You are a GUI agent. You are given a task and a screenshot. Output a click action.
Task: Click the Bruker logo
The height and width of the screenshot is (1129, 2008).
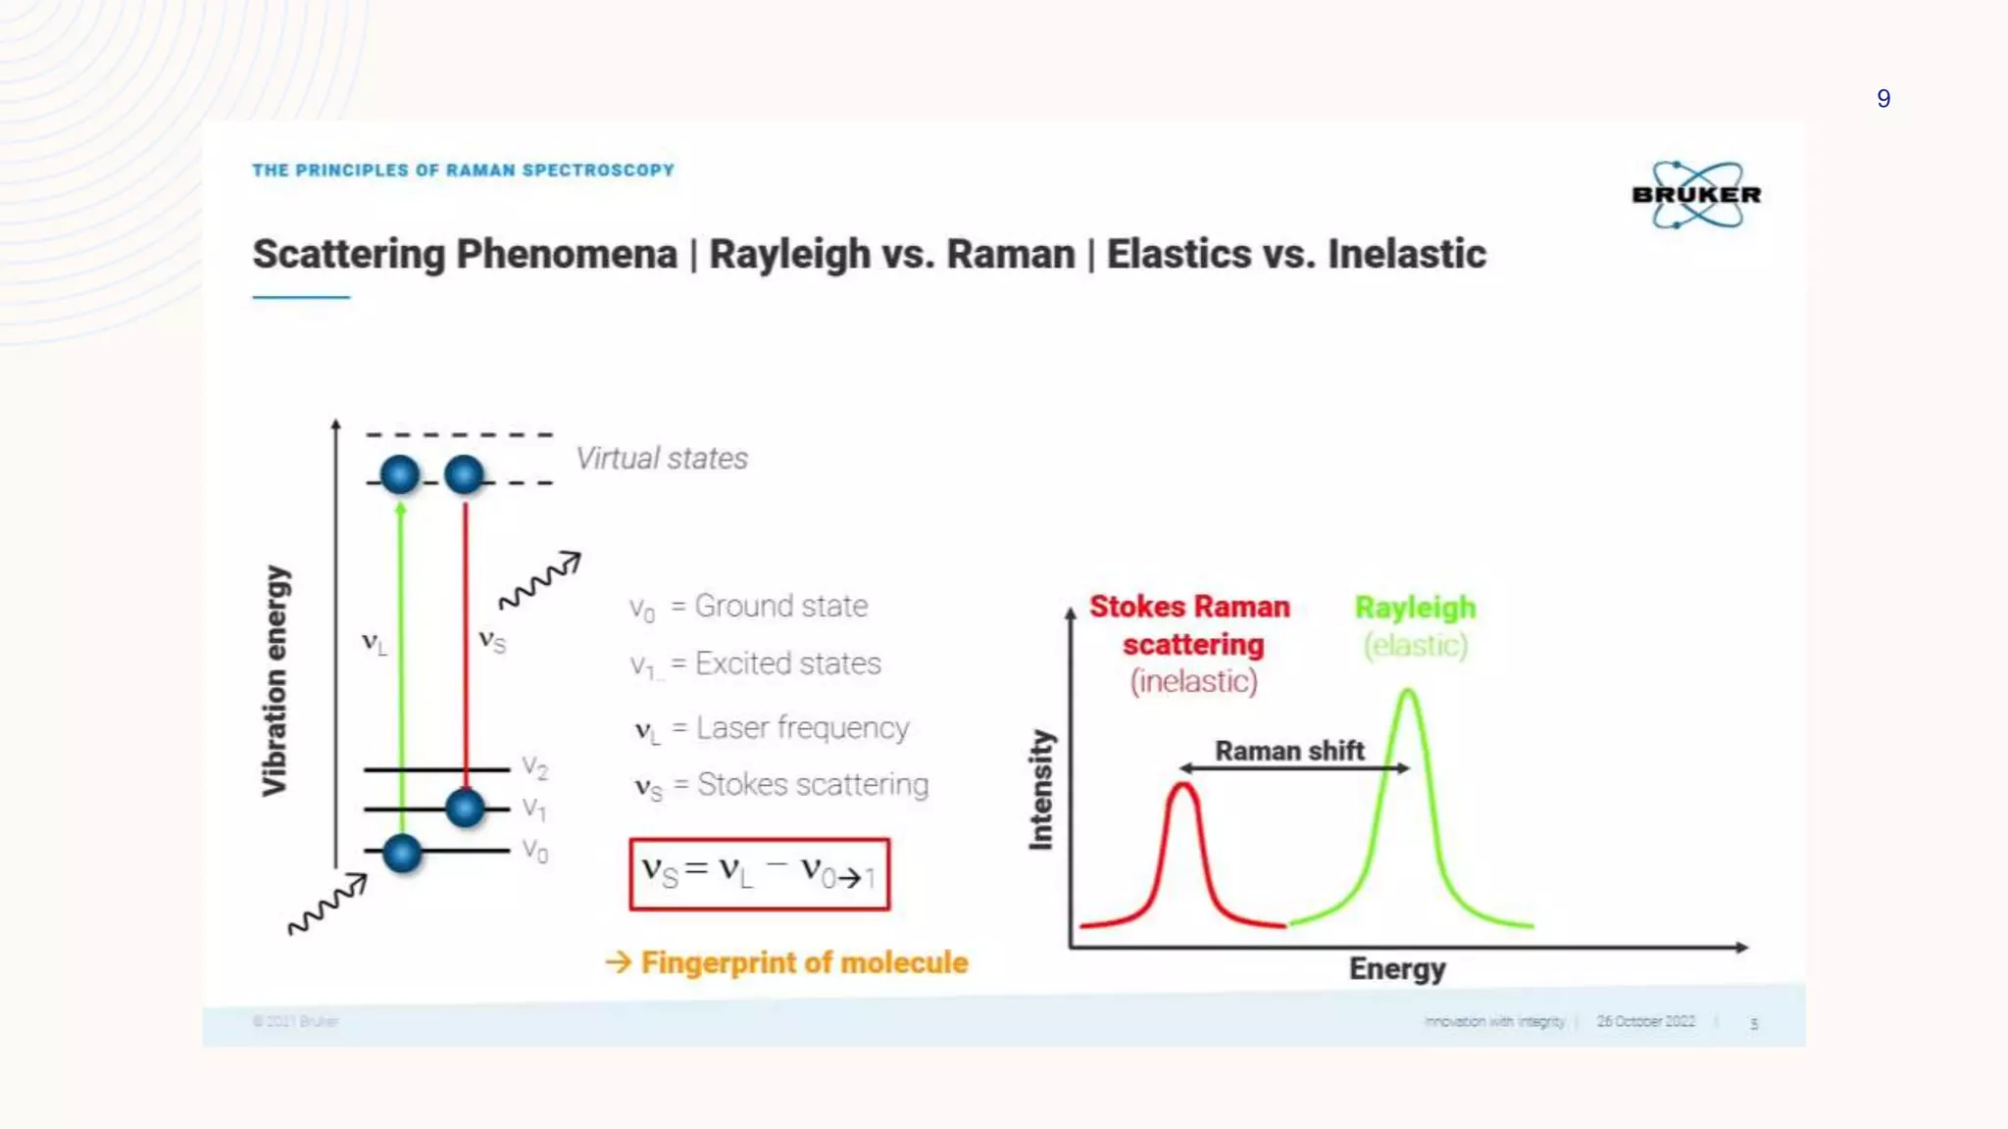(1695, 195)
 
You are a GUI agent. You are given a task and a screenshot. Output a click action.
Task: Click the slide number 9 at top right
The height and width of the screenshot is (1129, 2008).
(1882, 99)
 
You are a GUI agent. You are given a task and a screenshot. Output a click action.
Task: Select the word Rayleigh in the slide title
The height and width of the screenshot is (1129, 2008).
(789, 255)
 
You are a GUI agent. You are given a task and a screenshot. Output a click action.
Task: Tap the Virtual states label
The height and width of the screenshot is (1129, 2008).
(661, 459)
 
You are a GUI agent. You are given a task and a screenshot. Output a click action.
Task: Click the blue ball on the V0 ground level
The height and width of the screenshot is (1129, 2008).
(402, 853)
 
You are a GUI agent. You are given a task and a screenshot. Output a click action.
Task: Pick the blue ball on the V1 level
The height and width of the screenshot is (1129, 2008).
(465, 808)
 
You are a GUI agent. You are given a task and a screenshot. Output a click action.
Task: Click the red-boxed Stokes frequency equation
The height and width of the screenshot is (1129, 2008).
(759, 873)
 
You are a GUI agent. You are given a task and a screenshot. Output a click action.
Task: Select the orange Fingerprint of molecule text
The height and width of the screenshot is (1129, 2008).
(803, 962)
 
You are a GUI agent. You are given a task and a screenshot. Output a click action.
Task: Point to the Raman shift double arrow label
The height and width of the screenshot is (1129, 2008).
(1289, 752)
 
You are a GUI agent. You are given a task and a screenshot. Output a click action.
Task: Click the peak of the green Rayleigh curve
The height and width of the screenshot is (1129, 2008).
(1408, 692)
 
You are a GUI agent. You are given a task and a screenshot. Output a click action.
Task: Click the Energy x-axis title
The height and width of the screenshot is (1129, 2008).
(1396, 969)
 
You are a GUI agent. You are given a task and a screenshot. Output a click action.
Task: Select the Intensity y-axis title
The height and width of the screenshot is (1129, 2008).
(1040, 789)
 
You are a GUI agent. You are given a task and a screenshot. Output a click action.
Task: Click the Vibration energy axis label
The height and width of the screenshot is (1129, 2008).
(276, 680)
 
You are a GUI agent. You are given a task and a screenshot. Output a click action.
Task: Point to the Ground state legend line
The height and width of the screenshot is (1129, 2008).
(749, 607)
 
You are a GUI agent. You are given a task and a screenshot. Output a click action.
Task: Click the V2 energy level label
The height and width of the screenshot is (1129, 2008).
(534, 766)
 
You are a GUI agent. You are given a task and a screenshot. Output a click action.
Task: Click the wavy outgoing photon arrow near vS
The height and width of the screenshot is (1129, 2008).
(539, 580)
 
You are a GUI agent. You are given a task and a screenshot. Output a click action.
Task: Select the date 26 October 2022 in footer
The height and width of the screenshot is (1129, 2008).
(1645, 1021)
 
